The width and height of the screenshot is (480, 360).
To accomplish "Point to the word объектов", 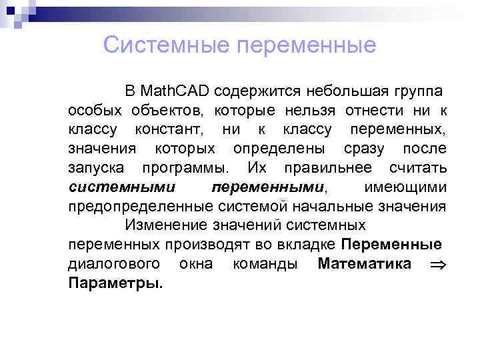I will click(x=164, y=110).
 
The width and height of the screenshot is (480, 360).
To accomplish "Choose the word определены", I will click(x=280, y=148).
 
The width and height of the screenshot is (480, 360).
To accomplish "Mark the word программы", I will click(x=185, y=167).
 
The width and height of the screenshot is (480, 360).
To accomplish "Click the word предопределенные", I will click(x=138, y=206).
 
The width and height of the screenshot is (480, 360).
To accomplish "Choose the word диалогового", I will click(x=113, y=263).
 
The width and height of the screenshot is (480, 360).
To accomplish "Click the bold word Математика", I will click(x=364, y=263).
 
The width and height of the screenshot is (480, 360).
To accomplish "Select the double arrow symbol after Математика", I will click(x=437, y=264).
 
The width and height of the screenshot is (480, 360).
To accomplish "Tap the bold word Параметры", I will click(x=115, y=283).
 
